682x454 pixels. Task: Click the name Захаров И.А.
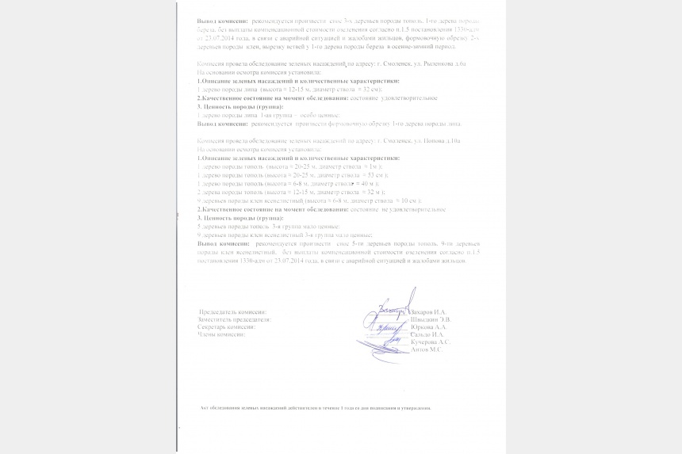click(x=429, y=312)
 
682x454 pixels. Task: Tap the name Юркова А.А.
click(x=429, y=326)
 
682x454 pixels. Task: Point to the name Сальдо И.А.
click(x=427, y=334)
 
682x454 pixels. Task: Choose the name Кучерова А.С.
click(x=431, y=341)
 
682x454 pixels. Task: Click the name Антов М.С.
click(x=426, y=349)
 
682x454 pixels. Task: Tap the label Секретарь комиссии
click(x=227, y=326)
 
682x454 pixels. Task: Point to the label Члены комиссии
click(x=221, y=334)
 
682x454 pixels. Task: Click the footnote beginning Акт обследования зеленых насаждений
click(x=316, y=408)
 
